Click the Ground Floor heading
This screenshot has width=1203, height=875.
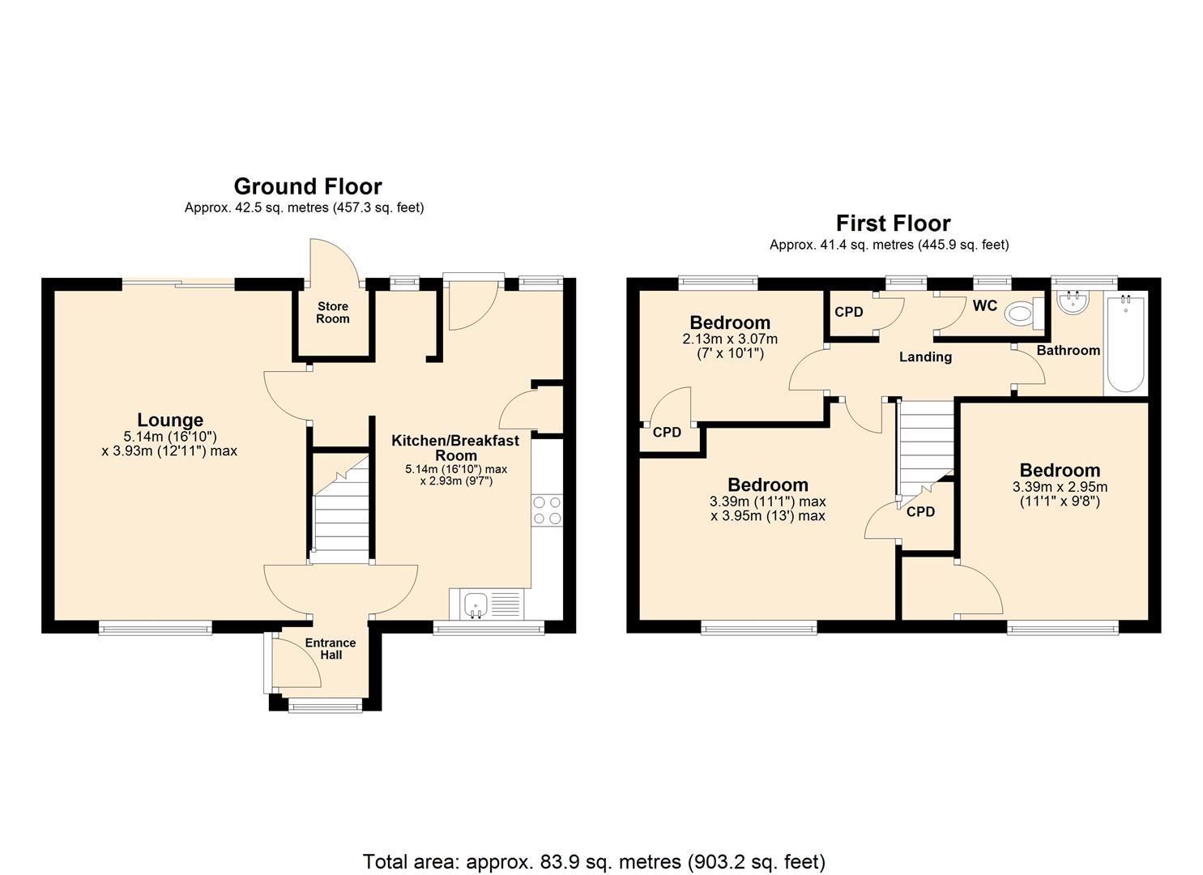(x=308, y=186)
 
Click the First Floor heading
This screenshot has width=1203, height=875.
(x=893, y=223)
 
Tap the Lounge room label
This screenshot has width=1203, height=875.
(x=169, y=420)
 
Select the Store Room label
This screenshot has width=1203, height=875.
(x=333, y=312)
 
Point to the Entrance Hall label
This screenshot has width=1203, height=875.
(x=330, y=648)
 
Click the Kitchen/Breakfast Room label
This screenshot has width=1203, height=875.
(x=455, y=447)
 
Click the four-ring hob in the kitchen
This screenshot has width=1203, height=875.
(x=547, y=510)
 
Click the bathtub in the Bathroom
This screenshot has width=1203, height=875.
(x=1126, y=344)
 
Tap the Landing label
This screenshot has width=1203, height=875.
(x=925, y=356)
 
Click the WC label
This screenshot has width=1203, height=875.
(x=984, y=305)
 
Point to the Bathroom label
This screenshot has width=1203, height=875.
(x=1068, y=350)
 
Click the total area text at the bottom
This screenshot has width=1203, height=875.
(x=594, y=861)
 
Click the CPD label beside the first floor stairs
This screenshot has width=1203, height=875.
(x=920, y=512)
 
